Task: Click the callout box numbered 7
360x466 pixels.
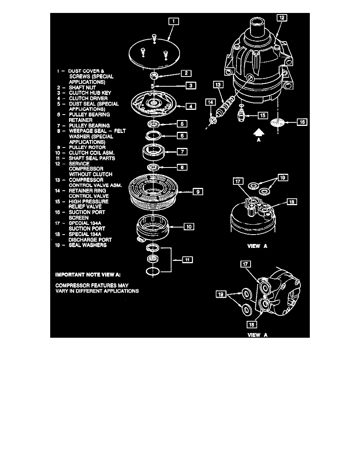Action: [x=183, y=151]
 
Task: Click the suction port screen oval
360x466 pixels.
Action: [x=279, y=122]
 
